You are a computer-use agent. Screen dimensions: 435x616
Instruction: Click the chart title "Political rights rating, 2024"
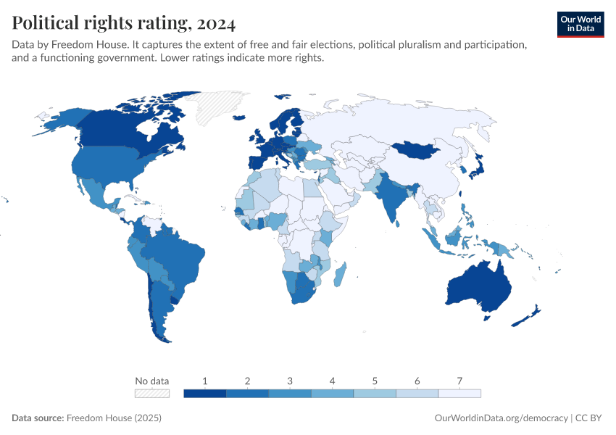click(123, 23)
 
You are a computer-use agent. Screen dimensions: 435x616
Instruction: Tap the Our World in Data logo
click(580, 23)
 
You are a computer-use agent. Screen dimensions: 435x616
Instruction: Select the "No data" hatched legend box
click(152, 393)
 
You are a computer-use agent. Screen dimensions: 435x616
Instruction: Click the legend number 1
click(205, 381)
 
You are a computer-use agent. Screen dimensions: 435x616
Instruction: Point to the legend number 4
click(332, 381)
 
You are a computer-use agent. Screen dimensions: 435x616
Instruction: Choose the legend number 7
click(459, 381)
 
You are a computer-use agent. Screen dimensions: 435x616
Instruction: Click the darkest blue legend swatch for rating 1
click(205, 393)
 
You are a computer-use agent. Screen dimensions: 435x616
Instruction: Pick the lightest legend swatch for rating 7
click(459, 393)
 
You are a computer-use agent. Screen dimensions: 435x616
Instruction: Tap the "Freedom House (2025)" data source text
click(114, 418)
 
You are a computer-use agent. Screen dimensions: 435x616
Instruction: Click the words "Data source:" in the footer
click(37, 418)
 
